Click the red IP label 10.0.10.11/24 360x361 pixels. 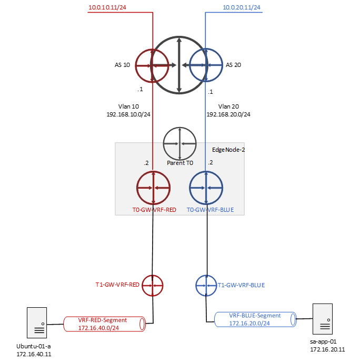click(x=107, y=7)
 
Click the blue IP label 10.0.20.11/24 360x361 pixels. click(x=242, y=7)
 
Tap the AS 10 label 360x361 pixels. click(x=122, y=65)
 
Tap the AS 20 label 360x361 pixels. click(x=233, y=65)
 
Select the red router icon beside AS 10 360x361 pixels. click(x=152, y=65)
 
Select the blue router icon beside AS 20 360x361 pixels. click(x=206, y=65)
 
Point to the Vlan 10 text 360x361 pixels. click(x=128, y=106)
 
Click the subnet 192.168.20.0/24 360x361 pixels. click(x=228, y=114)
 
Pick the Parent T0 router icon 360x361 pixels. click(x=180, y=144)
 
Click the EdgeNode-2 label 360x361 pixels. click(x=228, y=150)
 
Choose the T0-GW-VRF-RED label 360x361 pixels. click(x=154, y=210)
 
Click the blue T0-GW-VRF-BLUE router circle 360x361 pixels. click(x=206, y=188)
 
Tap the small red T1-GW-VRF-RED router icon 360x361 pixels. click(x=153, y=286)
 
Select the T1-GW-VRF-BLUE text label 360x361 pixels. click(x=241, y=285)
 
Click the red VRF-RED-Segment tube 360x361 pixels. click(x=104, y=324)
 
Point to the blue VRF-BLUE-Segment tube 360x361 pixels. click(x=255, y=319)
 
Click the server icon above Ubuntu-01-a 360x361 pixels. click(x=37, y=323)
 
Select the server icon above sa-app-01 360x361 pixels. click(x=323, y=319)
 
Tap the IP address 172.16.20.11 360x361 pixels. click(x=327, y=349)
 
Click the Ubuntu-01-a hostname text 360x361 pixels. click(x=34, y=346)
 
